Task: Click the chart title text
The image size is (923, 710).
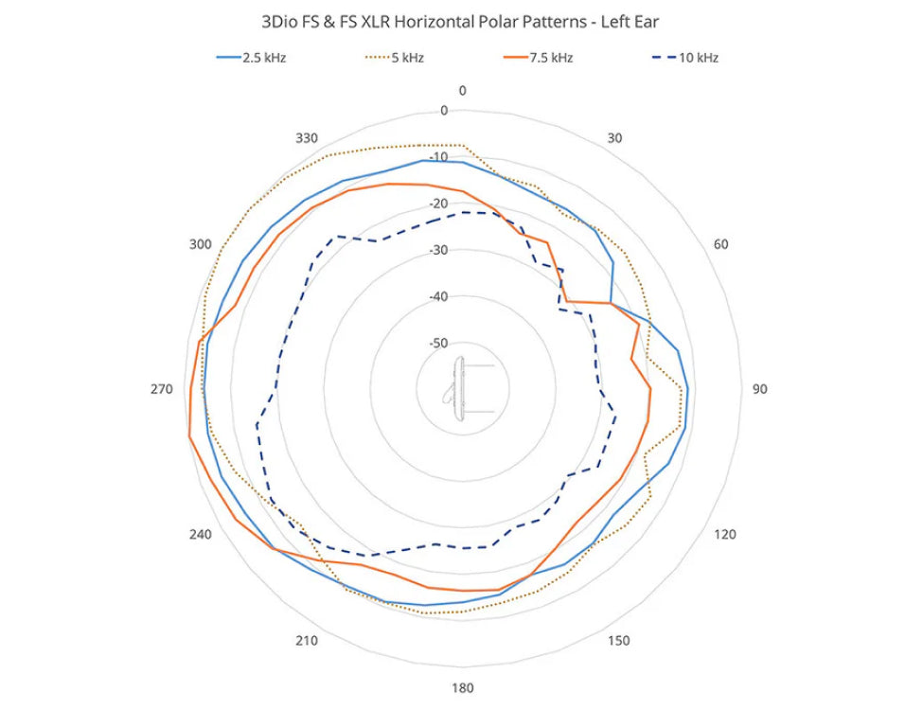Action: pyautogui.click(x=461, y=20)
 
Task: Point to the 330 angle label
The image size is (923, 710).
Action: pyautogui.click(x=306, y=138)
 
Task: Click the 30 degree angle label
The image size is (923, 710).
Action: pyautogui.click(x=614, y=138)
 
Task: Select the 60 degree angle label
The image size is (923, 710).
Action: pyautogui.click(x=721, y=244)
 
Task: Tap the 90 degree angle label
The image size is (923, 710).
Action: pyautogui.click(x=759, y=389)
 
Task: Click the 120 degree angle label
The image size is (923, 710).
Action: pyautogui.click(x=724, y=535)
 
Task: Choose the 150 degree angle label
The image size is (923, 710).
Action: pyautogui.click(x=618, y=641)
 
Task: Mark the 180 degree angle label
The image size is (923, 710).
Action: pyautogui.click(x=462, y=688)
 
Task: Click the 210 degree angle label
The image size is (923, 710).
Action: pyautogui.click(x=306, y=641)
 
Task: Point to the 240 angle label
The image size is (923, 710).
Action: pyautogui.click(x=200, y=535)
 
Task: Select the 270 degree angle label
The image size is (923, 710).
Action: pyautogui.click(x=162, y=389)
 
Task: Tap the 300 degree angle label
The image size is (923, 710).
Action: pyautogui.click(x=200, y=244)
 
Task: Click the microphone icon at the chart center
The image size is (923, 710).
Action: pyautogui.click(x=462, y=389)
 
